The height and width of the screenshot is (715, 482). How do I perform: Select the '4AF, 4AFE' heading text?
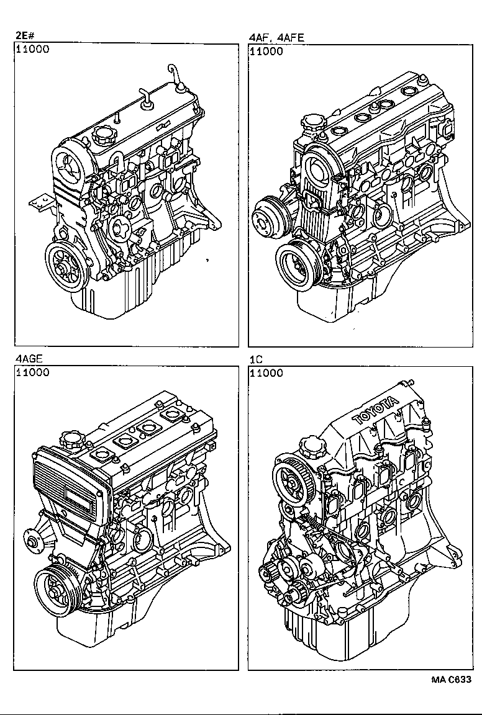[x=276, y=37]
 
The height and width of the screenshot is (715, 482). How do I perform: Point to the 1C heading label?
[x=255, y=359]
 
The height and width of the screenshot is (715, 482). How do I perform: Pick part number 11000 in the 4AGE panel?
[x=32, y=372]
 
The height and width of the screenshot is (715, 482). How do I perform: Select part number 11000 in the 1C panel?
[x=266, y=372]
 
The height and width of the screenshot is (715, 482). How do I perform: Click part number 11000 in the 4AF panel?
[x=266, y=51]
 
